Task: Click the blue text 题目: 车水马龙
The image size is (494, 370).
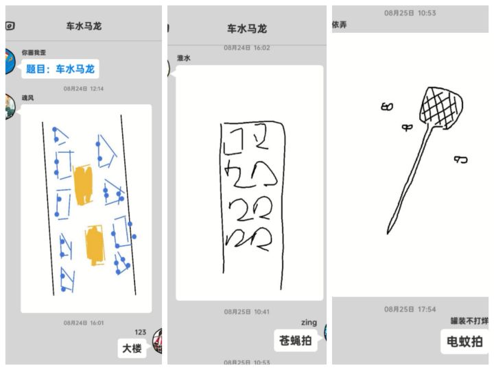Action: coord(60,69)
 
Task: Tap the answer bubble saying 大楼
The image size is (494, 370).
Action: coord(132,348)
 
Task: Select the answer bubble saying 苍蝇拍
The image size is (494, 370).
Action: coord(296,341)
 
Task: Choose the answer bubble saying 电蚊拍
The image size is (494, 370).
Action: coord(464,342)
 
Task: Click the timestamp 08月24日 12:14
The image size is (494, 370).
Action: coord(84,88)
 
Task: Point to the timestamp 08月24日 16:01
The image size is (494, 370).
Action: coord(84,323)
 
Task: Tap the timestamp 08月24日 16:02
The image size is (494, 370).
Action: coord(247,48)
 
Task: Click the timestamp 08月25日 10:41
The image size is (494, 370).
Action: coord(247,312)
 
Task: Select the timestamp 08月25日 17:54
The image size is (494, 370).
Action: coord(410,309)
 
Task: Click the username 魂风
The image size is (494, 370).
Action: coord(27,98)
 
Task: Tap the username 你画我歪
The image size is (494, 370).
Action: coord(34,53)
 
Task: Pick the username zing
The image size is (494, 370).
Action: coord(309,323)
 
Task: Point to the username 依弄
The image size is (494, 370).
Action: coord(340,25)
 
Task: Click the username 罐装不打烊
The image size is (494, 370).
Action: coord(469,321)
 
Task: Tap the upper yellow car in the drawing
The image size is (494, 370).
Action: coord(83,185)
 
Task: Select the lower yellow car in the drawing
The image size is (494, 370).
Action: coord(95,245)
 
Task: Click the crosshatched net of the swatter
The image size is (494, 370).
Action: coord(441,107)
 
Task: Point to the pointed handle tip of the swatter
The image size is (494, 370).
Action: coord(388,233)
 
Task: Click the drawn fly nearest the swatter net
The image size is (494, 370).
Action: coord(407,127)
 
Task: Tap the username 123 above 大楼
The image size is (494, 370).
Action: coord(141,332)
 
